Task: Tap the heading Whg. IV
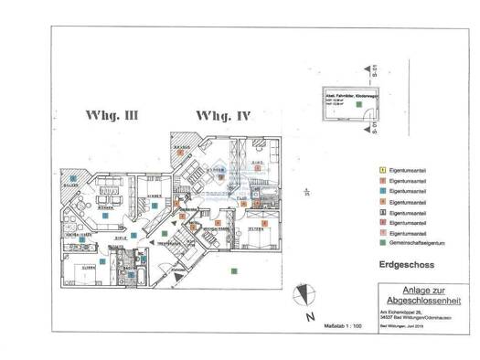[x=219, y=116]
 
